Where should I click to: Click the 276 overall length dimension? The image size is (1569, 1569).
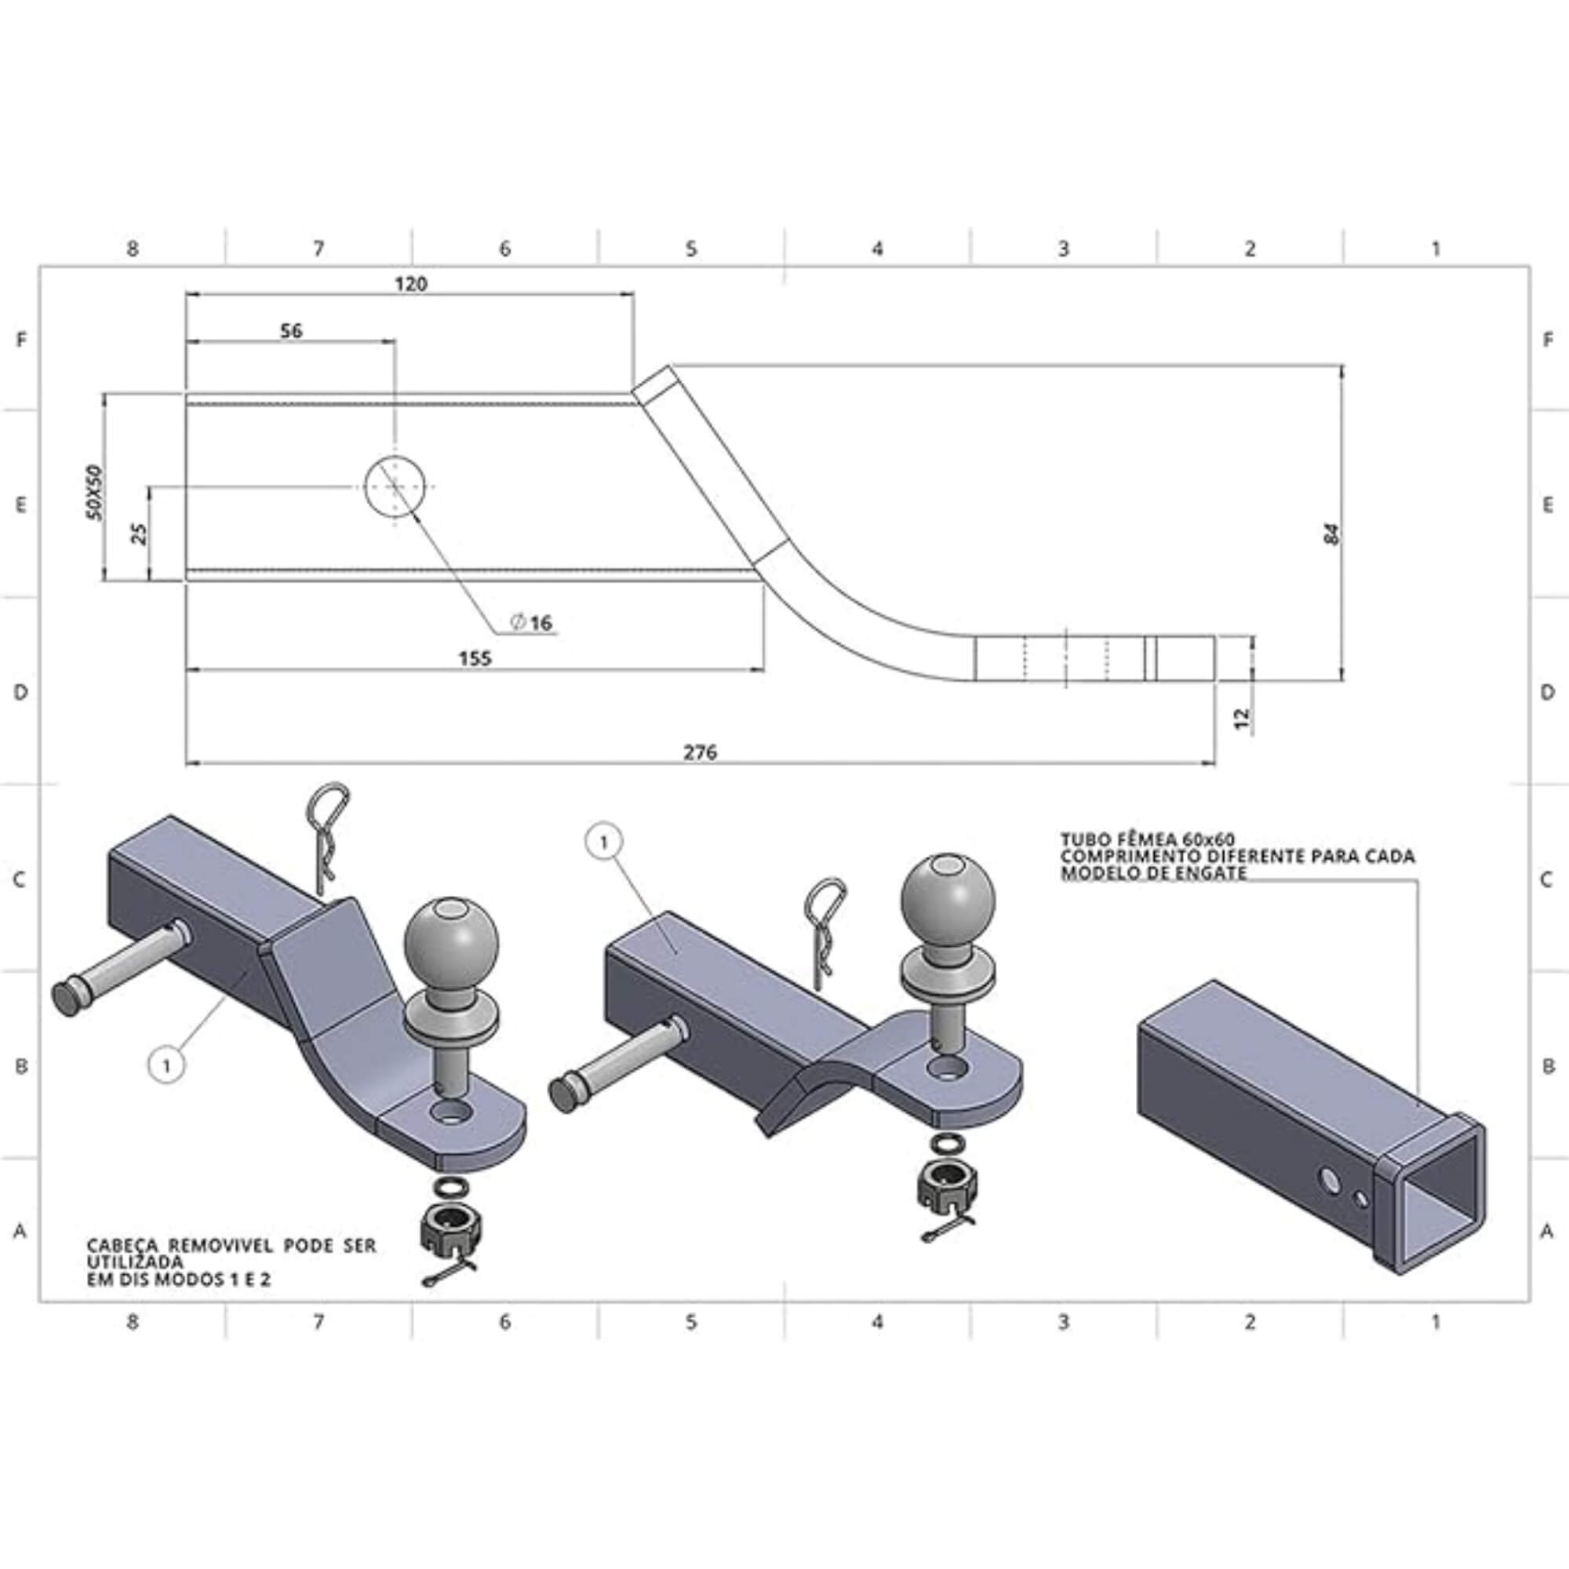click(699, 752)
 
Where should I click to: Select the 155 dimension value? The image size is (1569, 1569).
click(475, 658)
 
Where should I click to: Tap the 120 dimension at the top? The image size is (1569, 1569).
click(411, 284)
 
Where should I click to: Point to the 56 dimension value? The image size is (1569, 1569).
click(291, 330)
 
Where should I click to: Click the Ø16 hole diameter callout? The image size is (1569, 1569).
click(532, 623)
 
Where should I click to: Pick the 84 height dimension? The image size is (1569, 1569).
click(1333, 533)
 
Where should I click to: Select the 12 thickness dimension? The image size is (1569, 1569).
click(1242, 718)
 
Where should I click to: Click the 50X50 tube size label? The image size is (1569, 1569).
click(96, 493)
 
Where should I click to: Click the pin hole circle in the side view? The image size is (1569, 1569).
click(395, 486)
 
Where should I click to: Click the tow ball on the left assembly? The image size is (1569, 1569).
click(451, 941)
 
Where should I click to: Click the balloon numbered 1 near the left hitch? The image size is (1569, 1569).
click(166, 1065)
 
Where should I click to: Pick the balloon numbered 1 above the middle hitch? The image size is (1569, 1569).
click(603, 844)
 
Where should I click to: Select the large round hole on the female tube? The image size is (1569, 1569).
click(1331, 1181)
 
